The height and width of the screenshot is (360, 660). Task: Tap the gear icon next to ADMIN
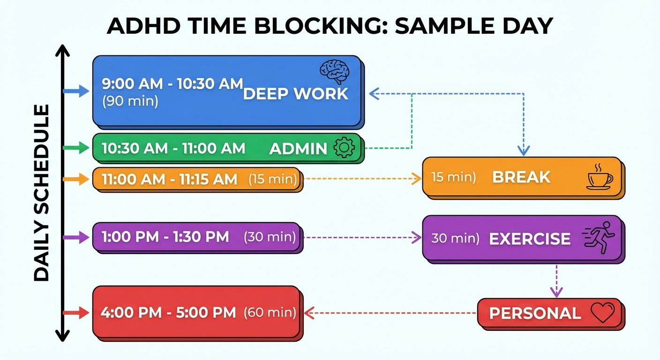pos(344,148)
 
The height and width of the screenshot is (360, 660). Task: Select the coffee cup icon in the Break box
pos(600,178)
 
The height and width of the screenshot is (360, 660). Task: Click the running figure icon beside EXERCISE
pos(599,238)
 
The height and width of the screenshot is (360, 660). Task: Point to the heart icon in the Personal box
pos(602,313)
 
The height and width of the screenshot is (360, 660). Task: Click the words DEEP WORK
pos(296,94)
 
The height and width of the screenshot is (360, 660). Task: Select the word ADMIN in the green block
pos(298,149)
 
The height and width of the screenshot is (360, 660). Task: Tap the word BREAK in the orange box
pos(521,177)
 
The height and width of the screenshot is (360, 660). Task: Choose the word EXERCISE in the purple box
pos(530,239)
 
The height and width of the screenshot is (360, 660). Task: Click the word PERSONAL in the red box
pos(535,313)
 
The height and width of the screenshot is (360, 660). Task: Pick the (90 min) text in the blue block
pos(130,101)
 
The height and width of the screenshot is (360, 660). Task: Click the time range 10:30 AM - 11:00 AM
pos(173,149)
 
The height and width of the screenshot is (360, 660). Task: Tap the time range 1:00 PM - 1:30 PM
pos(165,237)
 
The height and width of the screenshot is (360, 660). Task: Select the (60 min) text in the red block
pos(270,312)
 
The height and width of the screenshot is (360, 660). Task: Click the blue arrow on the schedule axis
pos(75,91)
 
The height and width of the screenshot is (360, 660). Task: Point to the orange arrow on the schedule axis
pos(75,179)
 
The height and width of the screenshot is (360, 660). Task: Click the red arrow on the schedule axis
pos(75,313)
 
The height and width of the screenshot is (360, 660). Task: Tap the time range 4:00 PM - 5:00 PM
pos(169,313)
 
